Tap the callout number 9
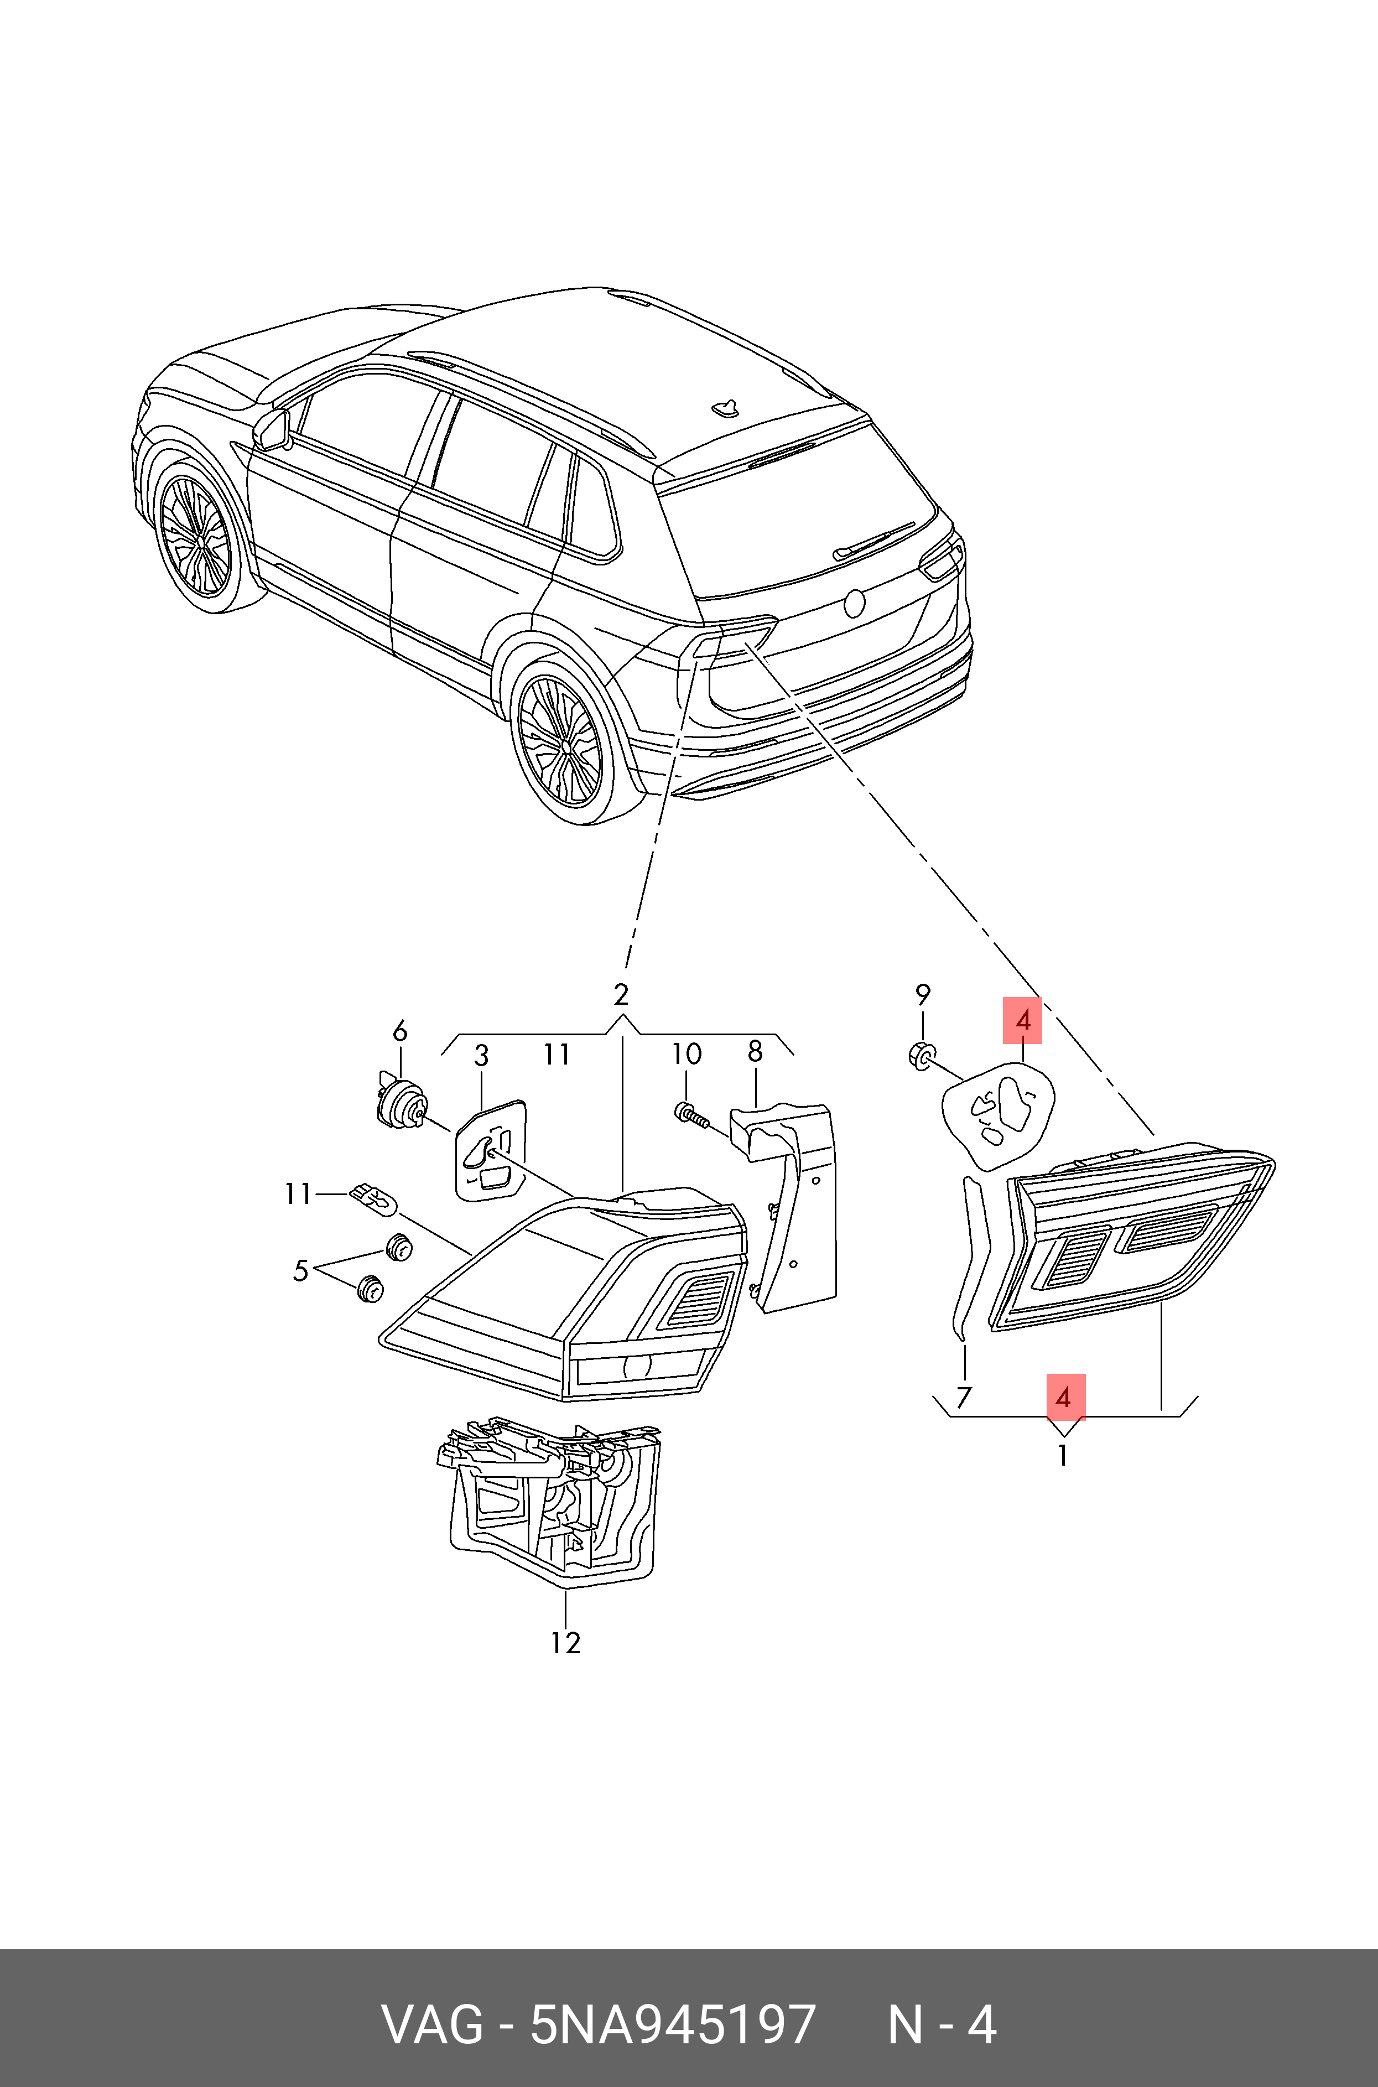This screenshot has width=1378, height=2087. click(922, 995)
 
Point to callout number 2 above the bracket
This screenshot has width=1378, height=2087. click(621, 995)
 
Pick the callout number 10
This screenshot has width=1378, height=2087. click(687, 1053)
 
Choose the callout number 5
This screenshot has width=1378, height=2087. click(300, 1271)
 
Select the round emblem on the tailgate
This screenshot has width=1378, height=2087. click(854, 603)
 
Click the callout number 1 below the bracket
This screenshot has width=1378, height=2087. click(1063, 1456)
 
